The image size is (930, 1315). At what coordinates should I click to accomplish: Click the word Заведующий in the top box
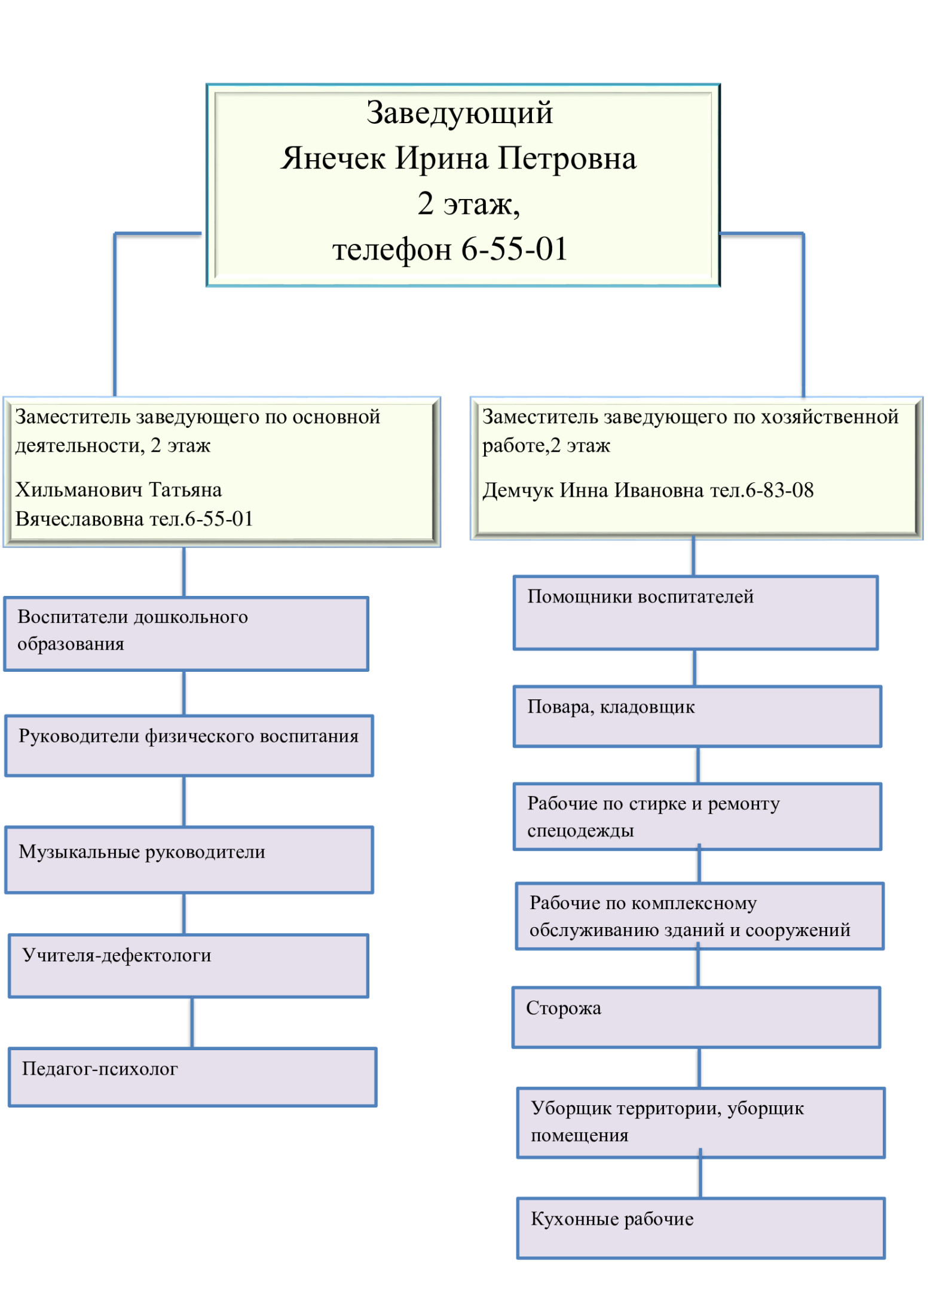460,114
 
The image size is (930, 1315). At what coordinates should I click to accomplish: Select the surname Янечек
333,158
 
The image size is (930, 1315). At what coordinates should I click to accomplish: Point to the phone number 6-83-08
779,490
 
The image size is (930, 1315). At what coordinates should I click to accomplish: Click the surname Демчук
518,491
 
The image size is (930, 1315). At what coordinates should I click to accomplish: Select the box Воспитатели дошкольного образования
186,634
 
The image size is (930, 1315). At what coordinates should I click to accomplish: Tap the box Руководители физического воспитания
189,745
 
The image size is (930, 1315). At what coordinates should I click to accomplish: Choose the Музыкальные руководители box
189,860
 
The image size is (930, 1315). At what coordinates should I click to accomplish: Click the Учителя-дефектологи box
189,965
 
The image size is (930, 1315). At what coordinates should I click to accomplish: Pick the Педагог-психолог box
193,1077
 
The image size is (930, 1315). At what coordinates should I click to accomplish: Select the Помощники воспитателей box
696,613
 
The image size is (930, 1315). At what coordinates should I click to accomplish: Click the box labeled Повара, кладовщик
697,716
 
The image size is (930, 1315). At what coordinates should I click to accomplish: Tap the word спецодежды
580,830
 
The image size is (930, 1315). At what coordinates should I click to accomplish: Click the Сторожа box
696,1017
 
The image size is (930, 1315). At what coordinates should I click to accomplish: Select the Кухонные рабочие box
701,1228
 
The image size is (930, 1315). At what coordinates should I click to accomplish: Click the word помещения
580,1135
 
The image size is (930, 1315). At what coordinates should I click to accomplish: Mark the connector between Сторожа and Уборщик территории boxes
699,1068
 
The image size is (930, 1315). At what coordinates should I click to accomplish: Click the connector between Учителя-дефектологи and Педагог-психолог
192,1022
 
